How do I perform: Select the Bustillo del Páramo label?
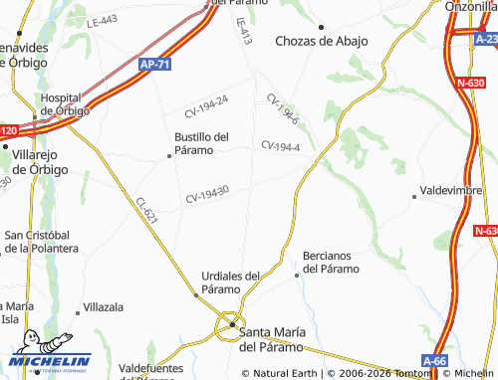pos(201,143)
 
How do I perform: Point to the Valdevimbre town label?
pos(453,187)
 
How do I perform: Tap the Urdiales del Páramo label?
pos(230,282)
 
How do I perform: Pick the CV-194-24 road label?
pos(206,104)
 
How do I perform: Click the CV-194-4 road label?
pos(281,146)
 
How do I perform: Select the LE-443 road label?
pos(102,21)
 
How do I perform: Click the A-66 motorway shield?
pos(434,360)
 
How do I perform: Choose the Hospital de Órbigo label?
pos(65,103)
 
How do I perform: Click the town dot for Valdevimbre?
pos(414,197)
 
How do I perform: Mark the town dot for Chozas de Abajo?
pos(321,27)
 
